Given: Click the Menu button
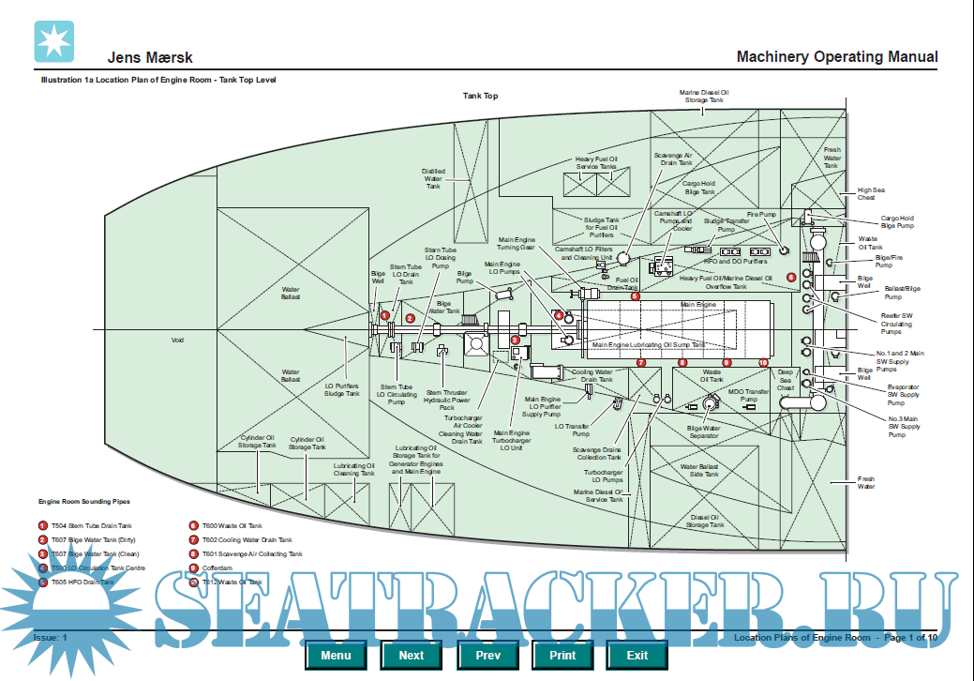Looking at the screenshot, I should pos(336,655).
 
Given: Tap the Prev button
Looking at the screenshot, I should pos(487,655).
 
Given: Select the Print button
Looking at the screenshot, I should pos(562,655).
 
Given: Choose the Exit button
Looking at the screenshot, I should pos(637,655).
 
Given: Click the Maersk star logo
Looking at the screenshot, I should pos(53,40).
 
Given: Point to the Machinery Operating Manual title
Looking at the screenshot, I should pos(836,57).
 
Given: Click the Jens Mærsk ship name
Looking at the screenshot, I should pos(150,58).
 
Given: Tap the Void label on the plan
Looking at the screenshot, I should pos(177,340).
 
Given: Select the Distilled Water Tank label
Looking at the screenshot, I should pos(433,178).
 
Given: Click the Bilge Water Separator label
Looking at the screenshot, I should pos(704,431).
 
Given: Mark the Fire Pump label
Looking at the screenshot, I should pos(761,215).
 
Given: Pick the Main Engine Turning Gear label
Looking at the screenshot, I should pos(517,244).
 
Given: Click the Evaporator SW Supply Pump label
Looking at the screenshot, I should pos(903,395).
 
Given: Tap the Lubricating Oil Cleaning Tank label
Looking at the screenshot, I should pos(354,469).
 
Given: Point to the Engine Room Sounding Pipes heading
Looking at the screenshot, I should pos(84,503).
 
